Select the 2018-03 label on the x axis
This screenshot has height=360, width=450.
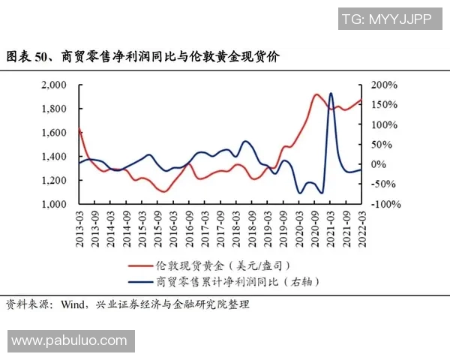click(236, 224)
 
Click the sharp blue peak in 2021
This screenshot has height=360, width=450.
click(331, 94)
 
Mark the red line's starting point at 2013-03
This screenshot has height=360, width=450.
click(79, 129)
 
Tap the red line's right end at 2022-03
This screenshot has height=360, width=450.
click(361, 100)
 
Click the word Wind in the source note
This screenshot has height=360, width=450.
click(74, 304)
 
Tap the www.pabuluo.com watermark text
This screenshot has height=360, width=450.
click(69, 340)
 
